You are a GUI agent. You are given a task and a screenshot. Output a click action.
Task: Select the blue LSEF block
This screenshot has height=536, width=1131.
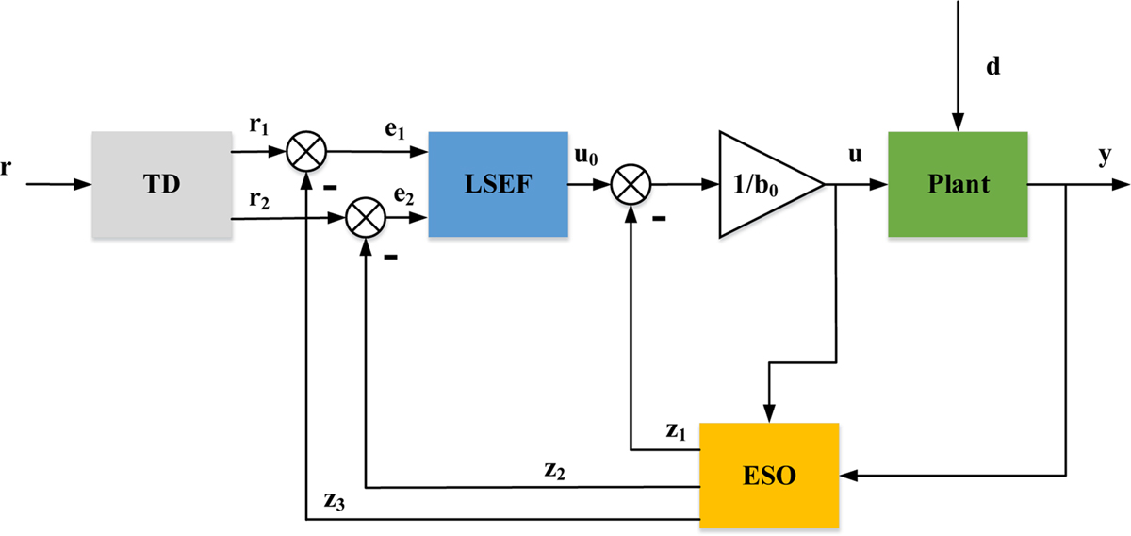click(498, 184)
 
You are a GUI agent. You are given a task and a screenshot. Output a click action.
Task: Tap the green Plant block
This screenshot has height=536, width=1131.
click(957, 184)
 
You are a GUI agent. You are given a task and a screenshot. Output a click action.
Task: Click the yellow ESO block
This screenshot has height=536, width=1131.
click(767, 474)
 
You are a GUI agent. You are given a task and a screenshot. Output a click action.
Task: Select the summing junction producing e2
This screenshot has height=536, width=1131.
click(365, 220)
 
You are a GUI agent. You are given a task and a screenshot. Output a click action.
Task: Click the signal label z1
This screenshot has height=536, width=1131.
click(675, 431)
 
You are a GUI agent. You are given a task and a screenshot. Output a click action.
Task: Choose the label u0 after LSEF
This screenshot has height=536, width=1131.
click(586, 157)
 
